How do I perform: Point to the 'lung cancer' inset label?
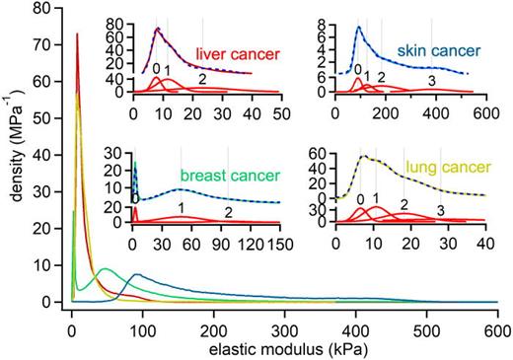coord(440,169)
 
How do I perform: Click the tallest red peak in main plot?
coord(77,34)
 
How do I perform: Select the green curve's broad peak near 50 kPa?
coord(104,268)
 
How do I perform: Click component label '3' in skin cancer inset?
coord(431,80)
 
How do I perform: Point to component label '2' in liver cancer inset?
coord(201,79)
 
